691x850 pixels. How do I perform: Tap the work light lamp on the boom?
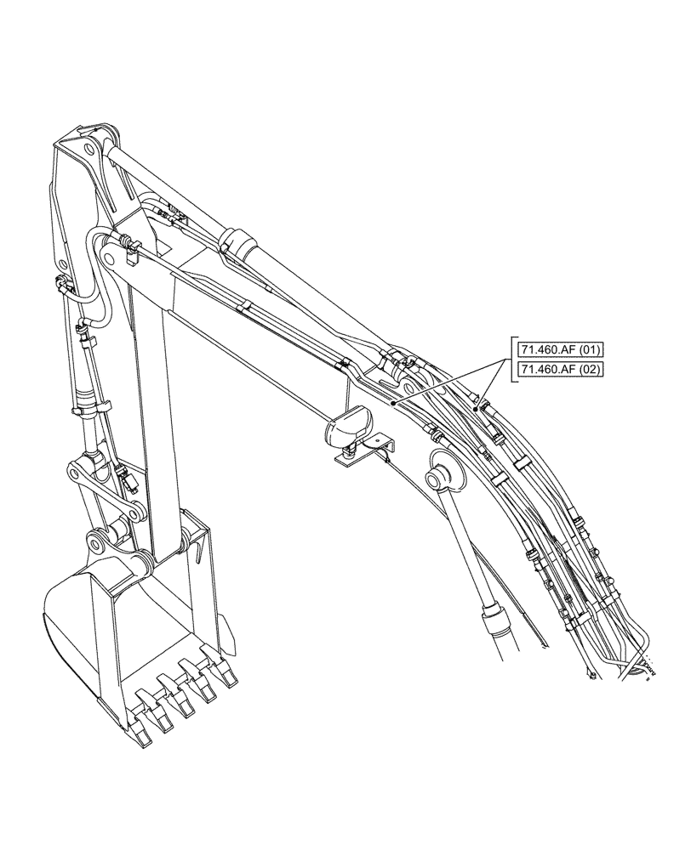[x=347, y=424]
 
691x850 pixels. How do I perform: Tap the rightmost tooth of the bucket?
[x=227, y=672]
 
